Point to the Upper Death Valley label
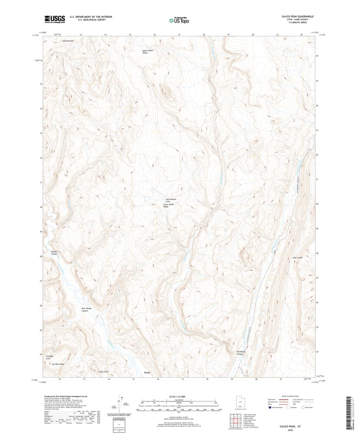(148, 52)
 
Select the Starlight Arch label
(50, 357)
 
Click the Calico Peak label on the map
(103, 372)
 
